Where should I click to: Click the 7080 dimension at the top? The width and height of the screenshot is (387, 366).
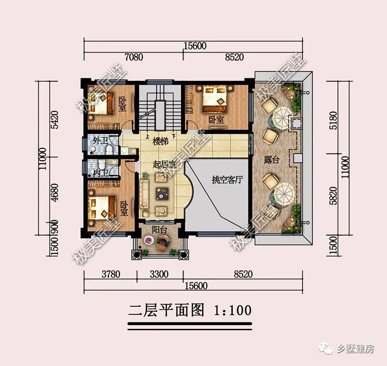coord(133,57)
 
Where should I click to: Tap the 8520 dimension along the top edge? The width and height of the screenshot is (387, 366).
coord(233,57)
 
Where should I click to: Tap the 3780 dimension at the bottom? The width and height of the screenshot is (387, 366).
coord(110,274)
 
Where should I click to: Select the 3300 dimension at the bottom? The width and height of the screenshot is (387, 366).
coord(159,274)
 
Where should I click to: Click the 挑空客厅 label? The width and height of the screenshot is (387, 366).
coord(228,180)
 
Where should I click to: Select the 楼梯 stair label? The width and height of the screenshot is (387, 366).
coord(160,142)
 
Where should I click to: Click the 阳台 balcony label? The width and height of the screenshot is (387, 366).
coord(160,230)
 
